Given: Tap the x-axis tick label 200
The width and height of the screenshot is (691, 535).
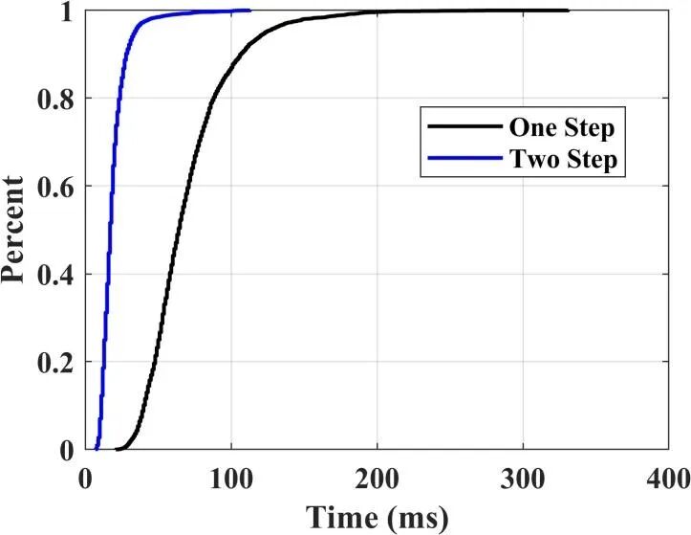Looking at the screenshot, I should [x=377, y=477].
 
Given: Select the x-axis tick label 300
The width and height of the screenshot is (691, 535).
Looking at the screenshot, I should [x=523, y=477].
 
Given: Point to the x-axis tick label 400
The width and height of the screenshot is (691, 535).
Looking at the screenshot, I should [x=668, y=477].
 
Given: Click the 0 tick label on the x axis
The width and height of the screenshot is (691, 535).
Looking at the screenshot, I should [x=86, y=477].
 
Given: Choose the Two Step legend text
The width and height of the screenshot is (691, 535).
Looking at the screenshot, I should [x=565, y=160].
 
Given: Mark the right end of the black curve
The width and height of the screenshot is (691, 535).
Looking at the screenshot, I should [x=568, y=11].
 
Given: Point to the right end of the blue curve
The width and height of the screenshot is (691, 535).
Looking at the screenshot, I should [x=249, y=11].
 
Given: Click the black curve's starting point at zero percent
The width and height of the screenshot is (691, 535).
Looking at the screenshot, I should [x=117, y=449].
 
